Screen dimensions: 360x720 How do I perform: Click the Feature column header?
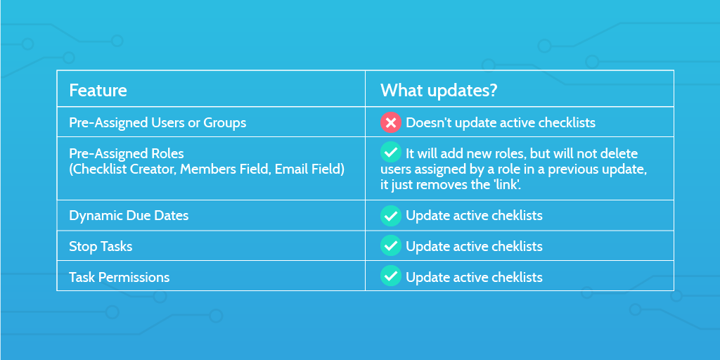(98, 91)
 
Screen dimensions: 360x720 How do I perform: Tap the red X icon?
(391, 122)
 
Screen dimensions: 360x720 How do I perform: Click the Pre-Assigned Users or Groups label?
(157, 122)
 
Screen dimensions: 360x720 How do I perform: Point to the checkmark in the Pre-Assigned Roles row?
(391, 152)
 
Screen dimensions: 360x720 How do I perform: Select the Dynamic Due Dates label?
(129, 216)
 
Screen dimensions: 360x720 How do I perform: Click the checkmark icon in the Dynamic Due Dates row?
(391, 216)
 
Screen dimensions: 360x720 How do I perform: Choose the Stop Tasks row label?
(101, 247)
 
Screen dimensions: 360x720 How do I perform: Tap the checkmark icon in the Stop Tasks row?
(391, 246)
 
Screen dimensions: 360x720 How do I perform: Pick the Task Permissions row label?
(119, 277)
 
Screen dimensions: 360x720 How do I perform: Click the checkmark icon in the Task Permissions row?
(391, 276)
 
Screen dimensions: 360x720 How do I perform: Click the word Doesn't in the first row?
(428, 123)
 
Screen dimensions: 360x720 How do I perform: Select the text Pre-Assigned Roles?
(126, 154)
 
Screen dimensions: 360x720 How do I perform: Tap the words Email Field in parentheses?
(309, 169)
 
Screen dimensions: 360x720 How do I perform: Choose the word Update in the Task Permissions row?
(425, 277)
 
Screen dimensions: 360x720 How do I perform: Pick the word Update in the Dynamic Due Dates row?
(425, 216)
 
